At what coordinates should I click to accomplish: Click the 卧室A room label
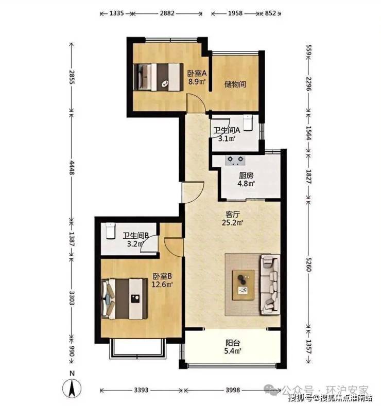(x=197, y=73)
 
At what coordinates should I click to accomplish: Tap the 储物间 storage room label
(x=235, y=84)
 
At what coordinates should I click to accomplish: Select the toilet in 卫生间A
(x=248, y=123)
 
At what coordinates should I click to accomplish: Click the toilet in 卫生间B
(x=110, y=231)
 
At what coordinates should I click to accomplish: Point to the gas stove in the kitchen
(x=235, y=160)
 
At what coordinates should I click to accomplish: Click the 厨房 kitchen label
(x=246, y=176)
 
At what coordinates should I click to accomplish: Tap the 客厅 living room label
(x=233, y=215)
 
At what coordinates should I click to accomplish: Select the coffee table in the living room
(x=243, y=285)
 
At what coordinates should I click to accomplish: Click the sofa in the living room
(x=270, y=285)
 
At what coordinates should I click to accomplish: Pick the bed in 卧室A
(x=158, y=77)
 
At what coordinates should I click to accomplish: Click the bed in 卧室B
(x=125, y=299)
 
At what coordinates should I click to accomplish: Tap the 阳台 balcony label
(x=233, y=343)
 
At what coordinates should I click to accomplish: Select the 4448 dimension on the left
(x=72, y=168)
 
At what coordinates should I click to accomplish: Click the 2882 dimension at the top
(x=167, y=13)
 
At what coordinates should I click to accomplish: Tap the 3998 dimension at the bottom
(x=233, y=390)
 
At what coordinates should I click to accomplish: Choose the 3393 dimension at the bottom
(x=142, y=390)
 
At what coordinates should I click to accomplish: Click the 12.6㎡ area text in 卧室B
(x=162, y=285)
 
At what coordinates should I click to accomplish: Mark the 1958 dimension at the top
(x=235, y=13)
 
